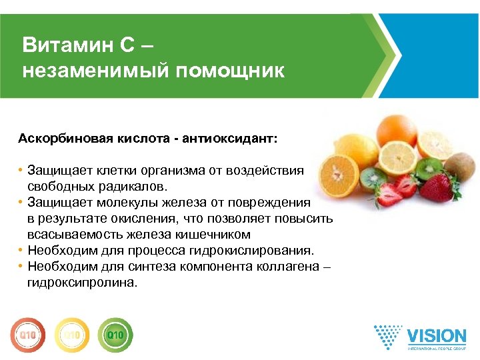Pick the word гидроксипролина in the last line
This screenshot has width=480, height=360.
click(x=81, y=283)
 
